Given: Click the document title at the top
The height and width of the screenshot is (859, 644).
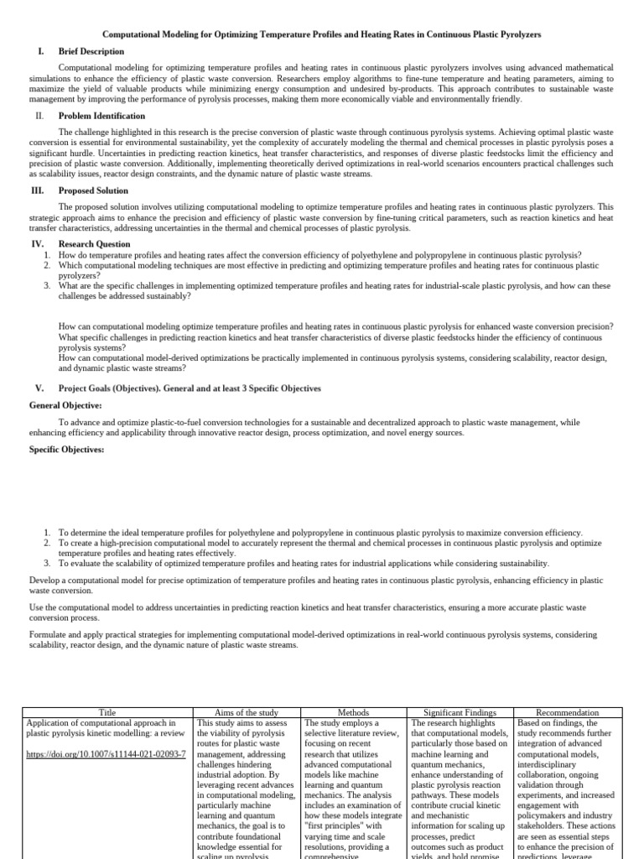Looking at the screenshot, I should click(x=321, y=34).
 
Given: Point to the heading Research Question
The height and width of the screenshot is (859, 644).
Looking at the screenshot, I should click(x=94, y=244).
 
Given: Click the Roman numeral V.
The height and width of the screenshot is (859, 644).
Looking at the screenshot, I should click(x=39, y=388).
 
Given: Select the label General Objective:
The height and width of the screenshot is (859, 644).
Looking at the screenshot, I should click(x=65, y=405).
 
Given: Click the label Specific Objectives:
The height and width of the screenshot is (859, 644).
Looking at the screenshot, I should click(x=67, y=450).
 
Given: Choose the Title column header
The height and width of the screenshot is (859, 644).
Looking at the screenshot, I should click(x=107, y=712).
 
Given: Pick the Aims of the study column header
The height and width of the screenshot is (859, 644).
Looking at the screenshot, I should click(x=246, y=712).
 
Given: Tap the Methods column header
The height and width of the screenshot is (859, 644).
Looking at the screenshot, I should click(x=353, y=712).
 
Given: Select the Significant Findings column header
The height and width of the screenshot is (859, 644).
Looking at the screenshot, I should click(x=460, y=712).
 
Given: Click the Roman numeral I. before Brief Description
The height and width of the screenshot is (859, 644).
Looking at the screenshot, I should click(x=40, y=51).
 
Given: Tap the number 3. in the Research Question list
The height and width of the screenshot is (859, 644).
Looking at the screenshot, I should click(x=48, y=286).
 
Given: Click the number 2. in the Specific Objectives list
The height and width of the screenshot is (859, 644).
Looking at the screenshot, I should click(x=48, y=543).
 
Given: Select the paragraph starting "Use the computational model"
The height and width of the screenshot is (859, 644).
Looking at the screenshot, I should click(x=315, y=612).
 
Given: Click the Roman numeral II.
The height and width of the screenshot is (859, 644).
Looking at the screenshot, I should click(x=39, y=116).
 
